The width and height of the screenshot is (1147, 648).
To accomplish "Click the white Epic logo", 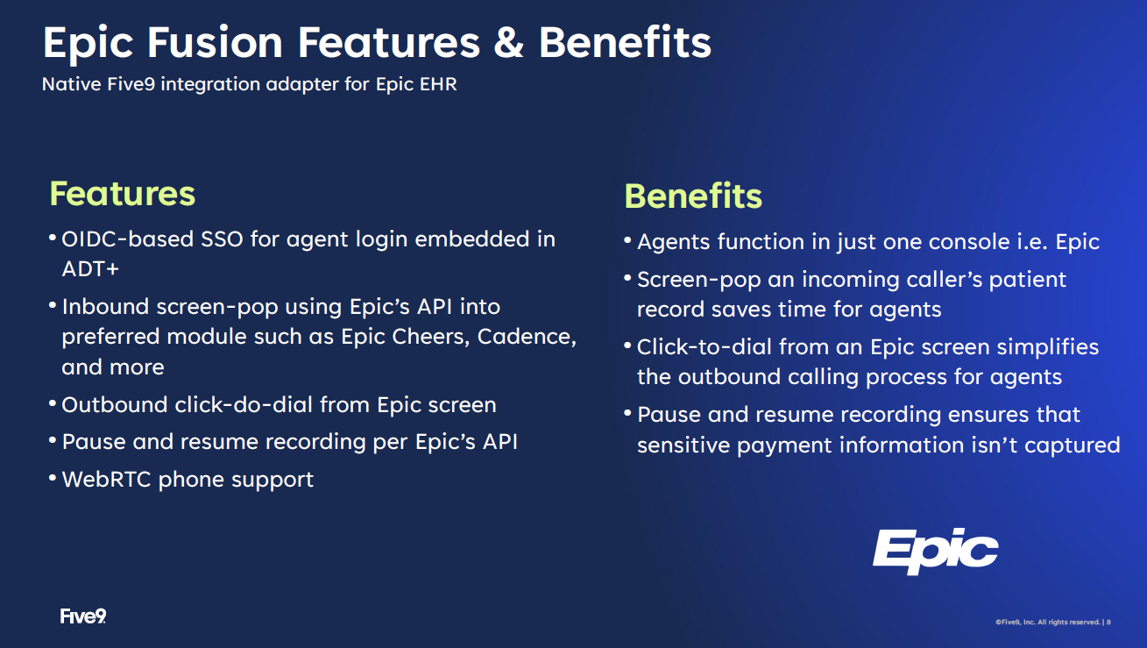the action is tap(936, 552).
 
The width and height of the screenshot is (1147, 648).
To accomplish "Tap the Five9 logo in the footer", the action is tap(83, 616).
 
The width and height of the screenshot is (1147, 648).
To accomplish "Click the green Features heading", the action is tap(123, 194).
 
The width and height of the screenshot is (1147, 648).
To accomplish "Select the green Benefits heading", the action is tap(693, 196).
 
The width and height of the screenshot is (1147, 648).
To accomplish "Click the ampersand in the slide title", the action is tap(509, 42).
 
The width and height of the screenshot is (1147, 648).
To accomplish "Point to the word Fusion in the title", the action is tap(215, 42).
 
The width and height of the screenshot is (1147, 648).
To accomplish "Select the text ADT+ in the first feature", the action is tap(90, 269).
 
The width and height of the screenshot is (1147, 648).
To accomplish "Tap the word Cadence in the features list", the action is tap(527, 337).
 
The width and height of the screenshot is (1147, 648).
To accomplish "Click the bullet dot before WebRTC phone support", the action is tap(53, 478).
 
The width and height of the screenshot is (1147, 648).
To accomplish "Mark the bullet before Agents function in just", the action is tap(627, 239).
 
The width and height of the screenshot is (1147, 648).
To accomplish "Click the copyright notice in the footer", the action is tap(1052, 622).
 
